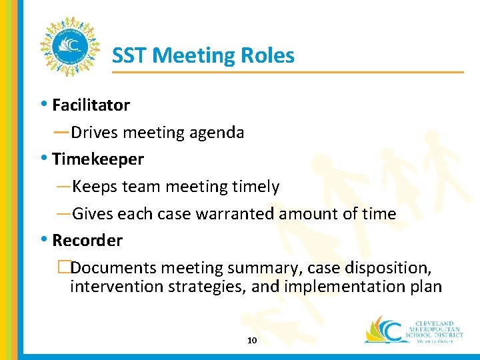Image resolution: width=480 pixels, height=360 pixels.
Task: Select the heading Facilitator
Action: pyautogui.click(x=91, y=105)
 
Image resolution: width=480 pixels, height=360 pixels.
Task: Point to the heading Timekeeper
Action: pyautogui.click(x=97, y=159)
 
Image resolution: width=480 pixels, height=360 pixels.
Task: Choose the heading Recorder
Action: pyautogui.click(x=87, y=241)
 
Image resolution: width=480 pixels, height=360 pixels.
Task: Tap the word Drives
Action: pyautogui.click(x=97, y=133)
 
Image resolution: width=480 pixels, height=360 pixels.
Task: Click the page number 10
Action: pyautogui.click(x=252, y=341)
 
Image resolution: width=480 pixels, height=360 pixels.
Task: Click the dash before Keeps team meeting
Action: pyautogui.click(x=63, y=187)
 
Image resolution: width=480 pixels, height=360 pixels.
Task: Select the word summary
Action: pyautogui.click(x=262, y=268)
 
